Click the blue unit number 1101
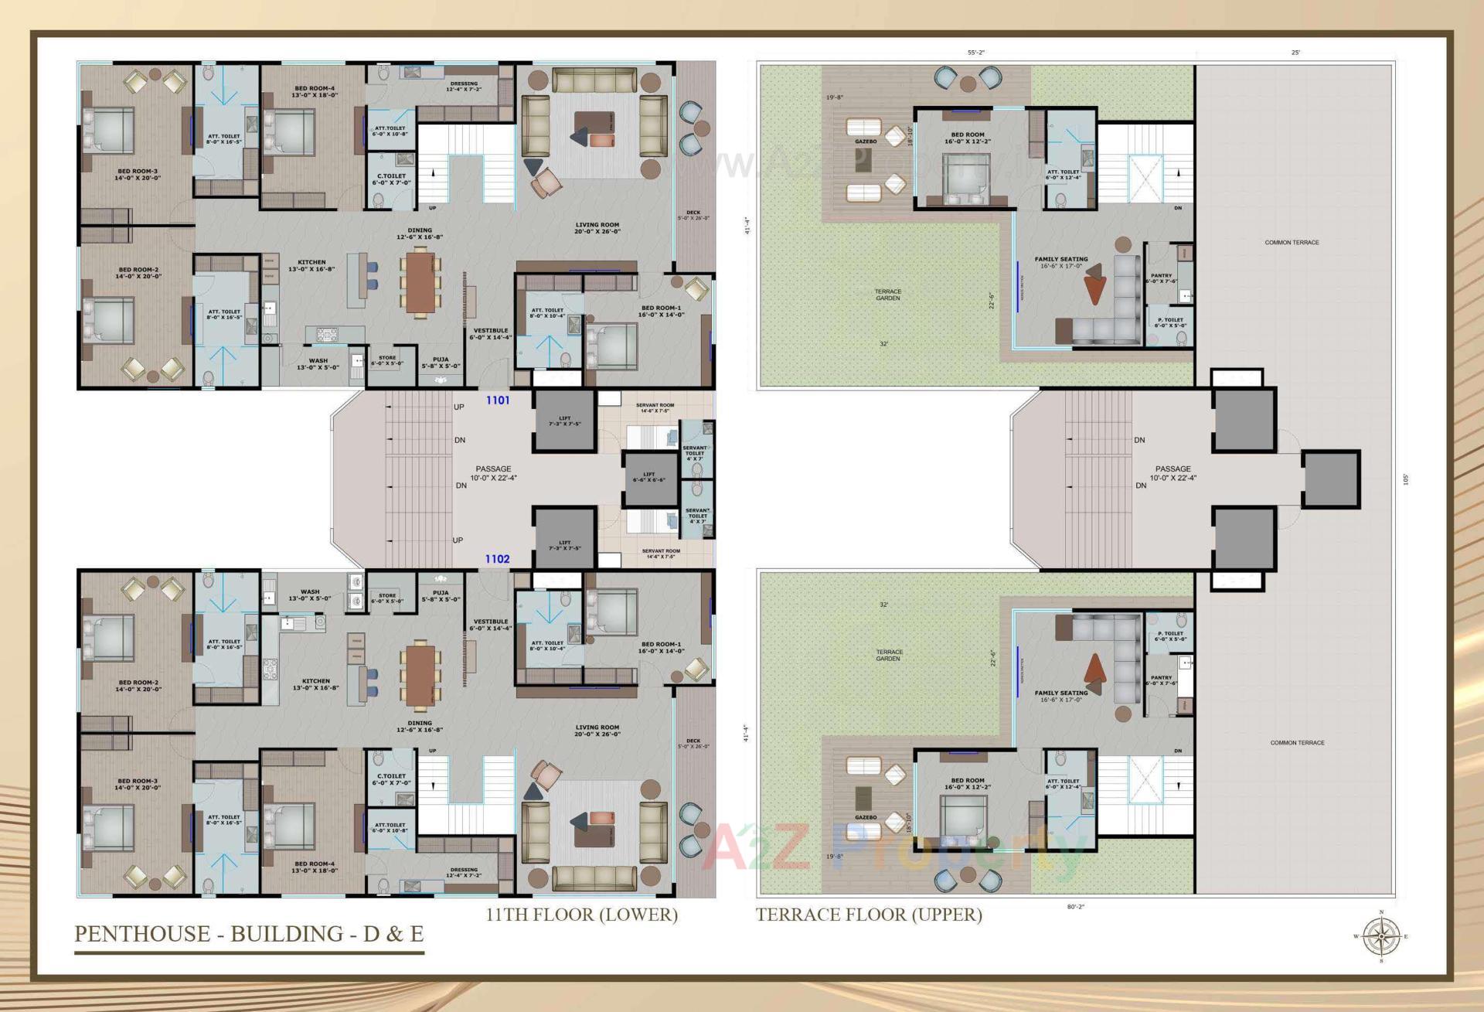pyautogui.click(x=498, y=400)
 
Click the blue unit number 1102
pyautogui.click(x=497, y=558)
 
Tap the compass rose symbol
pyautogui.click(x=1381, y=936)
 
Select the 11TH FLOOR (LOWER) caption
pyautogui.click(x=581, y=914)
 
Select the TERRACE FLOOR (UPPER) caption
pyautogui.click(x=869, y=914)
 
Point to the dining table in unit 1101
pyautogui.click(x=420, y=282)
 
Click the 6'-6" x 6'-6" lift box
pyautogui.click(x=649, y=477)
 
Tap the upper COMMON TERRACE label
pyautogui.click(x=1292, y=242)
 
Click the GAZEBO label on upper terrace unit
pyautogui.click(x=866, y=141)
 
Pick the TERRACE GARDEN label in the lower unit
pyautogui.click(x=889, y=655)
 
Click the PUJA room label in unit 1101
pyautogui.click(x=441, y=362)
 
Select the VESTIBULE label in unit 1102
pyautogui.click(x=491, y=624)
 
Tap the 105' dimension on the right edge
pyautogui.click(x=1406, y=479)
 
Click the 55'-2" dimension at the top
pyautogui.click(x=976, y=53)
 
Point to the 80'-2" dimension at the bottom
pyautogui.click(x=1075, y=906)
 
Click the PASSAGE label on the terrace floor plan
pyautogui.click(x=1173, y=472)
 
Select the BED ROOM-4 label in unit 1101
pyautogui.click(x=315, y=91)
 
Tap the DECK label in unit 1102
pyautogui.click(x=693, y=743)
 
